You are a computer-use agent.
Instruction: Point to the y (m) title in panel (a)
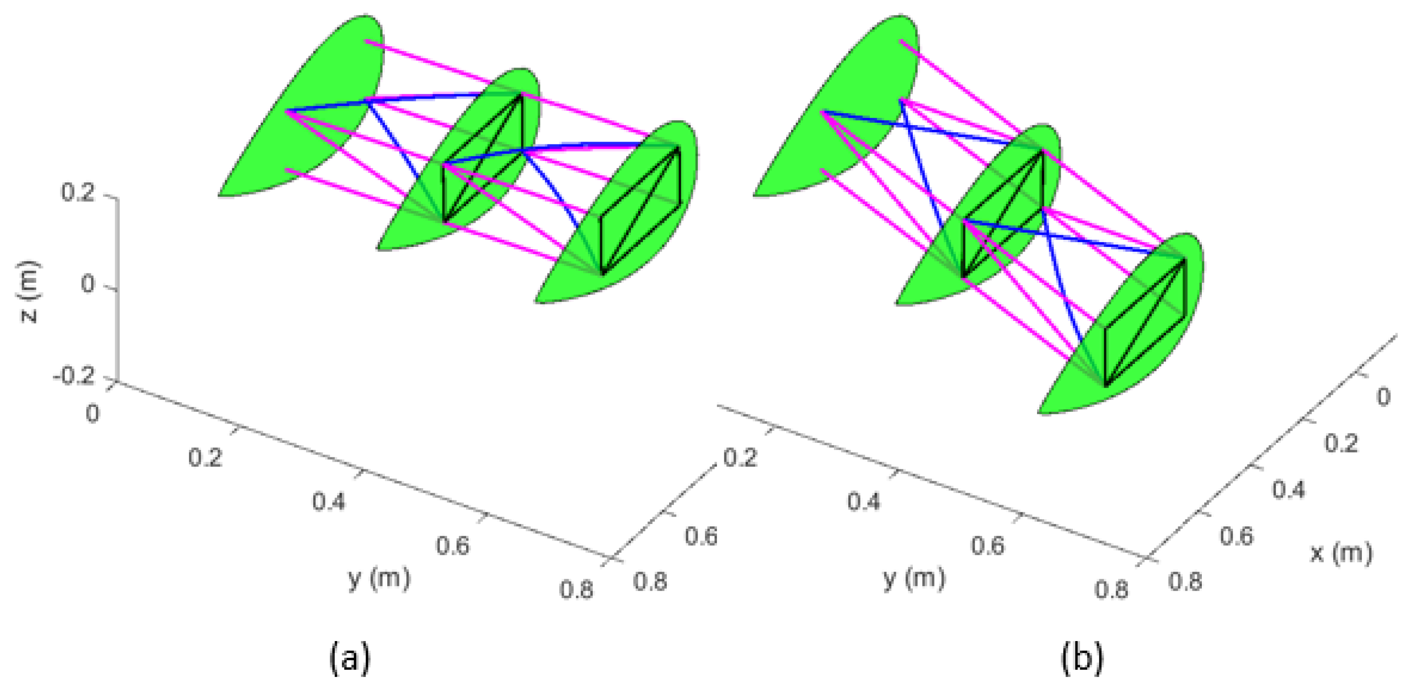[379, 578]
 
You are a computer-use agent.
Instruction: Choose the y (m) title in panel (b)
[914, 578]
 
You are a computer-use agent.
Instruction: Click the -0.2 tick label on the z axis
[74, 377]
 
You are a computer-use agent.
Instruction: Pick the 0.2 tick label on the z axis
[78, 193]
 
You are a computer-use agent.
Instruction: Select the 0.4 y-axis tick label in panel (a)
[329, 501]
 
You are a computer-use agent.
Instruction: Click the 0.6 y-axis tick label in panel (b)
[988, 545]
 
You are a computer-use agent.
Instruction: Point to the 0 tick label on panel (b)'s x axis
[1384, 397]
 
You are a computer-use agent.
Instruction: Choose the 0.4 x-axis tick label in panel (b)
[1289, 489]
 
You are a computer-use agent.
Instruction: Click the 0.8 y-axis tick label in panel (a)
[576, 590]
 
